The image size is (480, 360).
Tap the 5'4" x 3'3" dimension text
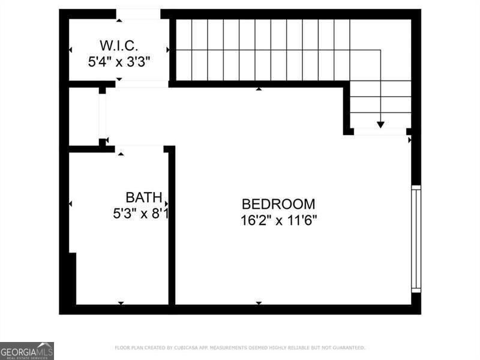pyautogui.click(x=119, y=61)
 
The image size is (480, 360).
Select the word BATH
pyautogui.click(x=143, y=197)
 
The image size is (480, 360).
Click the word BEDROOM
pyautogui.click(x=278, y=204)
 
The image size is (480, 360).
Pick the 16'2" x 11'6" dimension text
pyautogui.click(x=278, y=220)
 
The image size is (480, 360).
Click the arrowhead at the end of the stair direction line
pyautogui.click(x=380, y=124)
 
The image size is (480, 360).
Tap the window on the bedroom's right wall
pyautogui.click(x=416, y=239)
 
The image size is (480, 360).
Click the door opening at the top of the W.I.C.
pyautogui.click(x=138, y=14)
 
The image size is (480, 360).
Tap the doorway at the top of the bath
pyautogui.click(x=139, y=148)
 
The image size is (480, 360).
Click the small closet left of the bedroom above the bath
pyautogui.click(x=84, y=116)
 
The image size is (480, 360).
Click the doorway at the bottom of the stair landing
pyautogui.click(x=379, y=131)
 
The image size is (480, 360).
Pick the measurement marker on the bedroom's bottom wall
pyautogui.click(x=259, y=303)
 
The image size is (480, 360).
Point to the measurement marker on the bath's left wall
pyautogui.click(x=71, y=205)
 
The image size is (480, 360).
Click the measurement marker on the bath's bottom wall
pyautogui.click(x=121, y=303)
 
